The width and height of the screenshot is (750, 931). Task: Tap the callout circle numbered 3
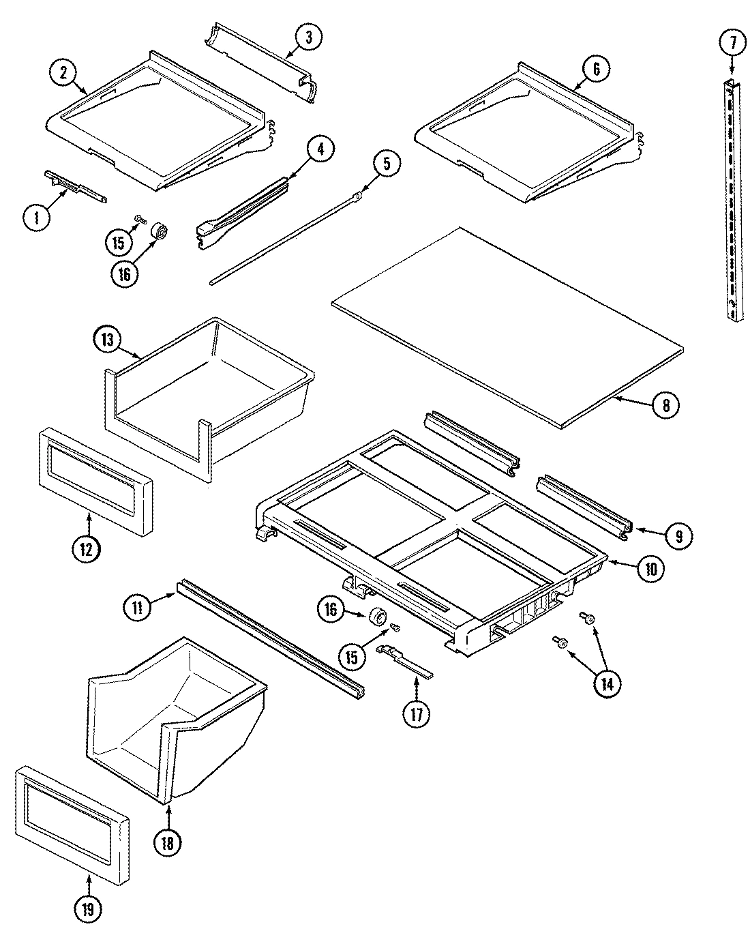click(309, 38)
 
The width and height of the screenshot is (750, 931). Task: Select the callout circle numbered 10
click(650, 569)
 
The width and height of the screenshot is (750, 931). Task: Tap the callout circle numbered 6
click(596, 68)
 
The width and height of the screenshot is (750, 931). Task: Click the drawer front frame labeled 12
click(95, 491)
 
